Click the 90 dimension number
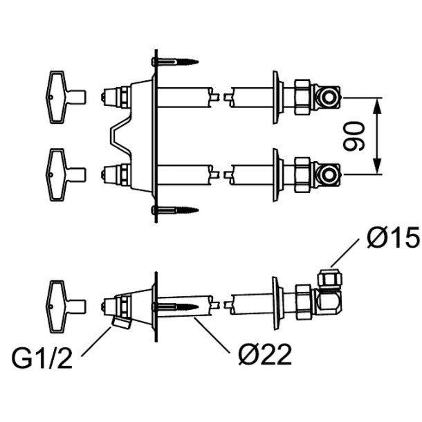[354, 136]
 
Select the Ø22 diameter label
[265, 354]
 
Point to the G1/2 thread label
[42, 358]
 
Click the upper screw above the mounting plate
[175, 62]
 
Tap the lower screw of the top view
[175, 210]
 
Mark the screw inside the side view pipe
[175, 306]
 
